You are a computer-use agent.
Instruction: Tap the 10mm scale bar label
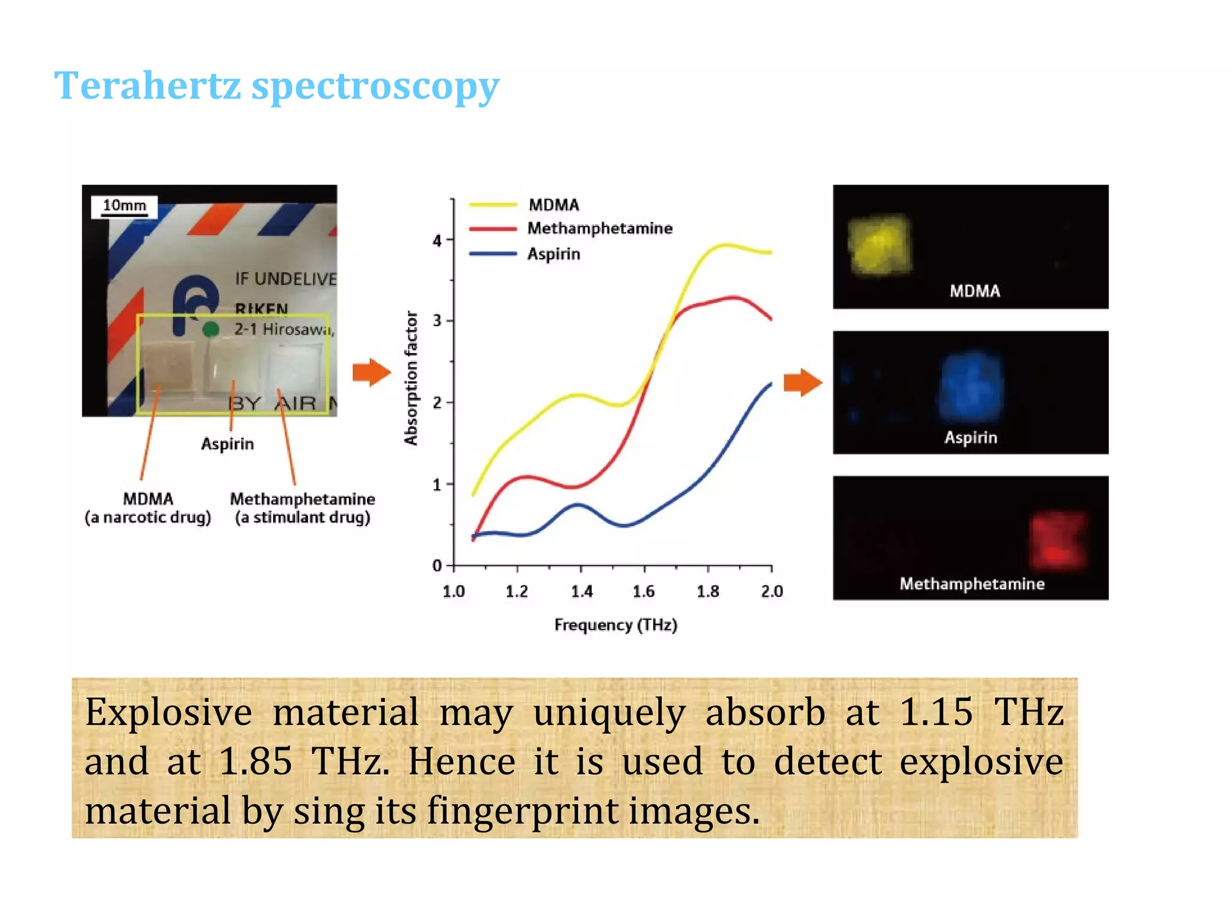click(124, 206)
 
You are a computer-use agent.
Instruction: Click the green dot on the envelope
click(211, 329)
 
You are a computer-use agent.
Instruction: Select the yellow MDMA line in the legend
click(493, 205)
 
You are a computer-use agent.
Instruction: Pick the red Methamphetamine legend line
click(493, 229)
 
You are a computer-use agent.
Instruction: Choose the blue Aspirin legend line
click(493, 254)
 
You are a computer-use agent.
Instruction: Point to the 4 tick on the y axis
click(437, 241)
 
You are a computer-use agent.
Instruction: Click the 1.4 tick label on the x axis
click(581, 591)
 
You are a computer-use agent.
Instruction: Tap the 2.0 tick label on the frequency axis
click(772, 591)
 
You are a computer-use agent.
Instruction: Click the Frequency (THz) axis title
click(615, 625)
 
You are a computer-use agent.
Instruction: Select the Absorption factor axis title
click(411, 378)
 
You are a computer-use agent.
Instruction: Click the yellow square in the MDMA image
click(879, 245)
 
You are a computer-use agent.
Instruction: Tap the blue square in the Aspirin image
click(970, 387)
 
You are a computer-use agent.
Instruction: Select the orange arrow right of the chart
click(802, 382)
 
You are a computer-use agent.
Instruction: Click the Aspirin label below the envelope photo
click(227, 444)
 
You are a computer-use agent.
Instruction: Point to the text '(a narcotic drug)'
click(148, 517)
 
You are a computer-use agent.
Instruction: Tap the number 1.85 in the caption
click(255, 761)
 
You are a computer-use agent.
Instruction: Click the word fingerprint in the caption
click(523, 810)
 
